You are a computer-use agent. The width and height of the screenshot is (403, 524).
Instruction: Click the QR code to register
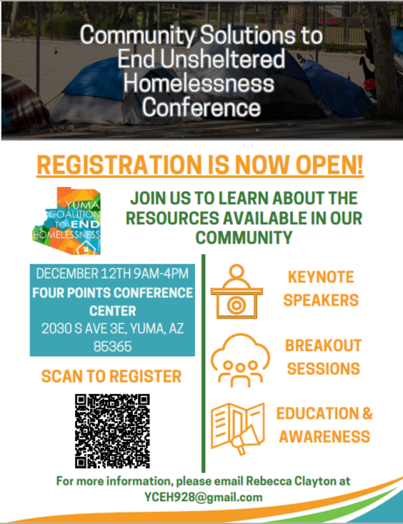(x=113, y=431)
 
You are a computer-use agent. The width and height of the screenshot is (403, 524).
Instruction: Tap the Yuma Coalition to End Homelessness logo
(x=66, y=221)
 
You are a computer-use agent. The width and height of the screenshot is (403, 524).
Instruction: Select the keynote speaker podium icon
(x=236, y=292)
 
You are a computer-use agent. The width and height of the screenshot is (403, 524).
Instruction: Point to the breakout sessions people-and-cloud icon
(x=240, y=361)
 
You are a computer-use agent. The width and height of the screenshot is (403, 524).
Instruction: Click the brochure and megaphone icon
(x=238, y=429)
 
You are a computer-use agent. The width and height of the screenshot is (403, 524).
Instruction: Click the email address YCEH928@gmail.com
(x=204, y=497)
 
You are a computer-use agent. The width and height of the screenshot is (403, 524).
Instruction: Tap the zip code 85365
(x=113, y=347)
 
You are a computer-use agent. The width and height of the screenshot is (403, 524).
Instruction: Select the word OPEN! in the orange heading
(x=330, y=164)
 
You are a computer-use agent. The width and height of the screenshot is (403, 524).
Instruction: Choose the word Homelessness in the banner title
(x=199, y=83)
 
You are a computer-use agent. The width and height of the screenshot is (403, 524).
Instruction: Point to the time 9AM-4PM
(x=161, y=273)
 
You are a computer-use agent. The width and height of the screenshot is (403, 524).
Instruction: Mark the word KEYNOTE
(x=321, y=277)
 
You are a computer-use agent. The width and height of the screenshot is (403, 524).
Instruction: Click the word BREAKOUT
(x=323, y=346)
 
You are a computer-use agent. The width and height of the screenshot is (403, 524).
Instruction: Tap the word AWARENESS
(x=324, y=437)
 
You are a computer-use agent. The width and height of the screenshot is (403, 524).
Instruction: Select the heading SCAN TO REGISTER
(x=111, y=376)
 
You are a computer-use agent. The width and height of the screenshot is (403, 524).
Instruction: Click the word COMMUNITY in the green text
(x=244, y=238)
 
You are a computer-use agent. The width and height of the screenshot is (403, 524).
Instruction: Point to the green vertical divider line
(x=204, y=363)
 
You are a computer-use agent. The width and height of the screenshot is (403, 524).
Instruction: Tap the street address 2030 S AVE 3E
(x=83, y=328)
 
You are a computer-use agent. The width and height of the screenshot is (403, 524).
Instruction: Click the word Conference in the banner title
(x=201, y=107)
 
